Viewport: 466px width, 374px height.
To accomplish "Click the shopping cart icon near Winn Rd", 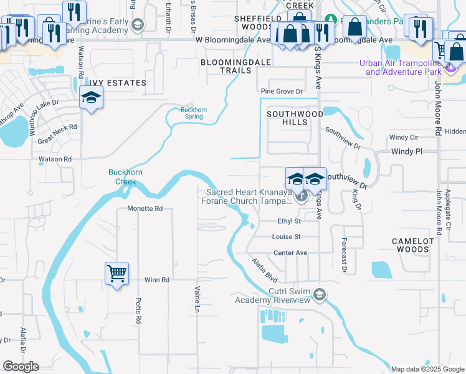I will click(117, 273).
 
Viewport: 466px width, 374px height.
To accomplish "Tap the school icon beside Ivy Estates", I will click(91, 97).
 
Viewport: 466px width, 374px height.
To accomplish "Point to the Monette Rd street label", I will click(145, 209).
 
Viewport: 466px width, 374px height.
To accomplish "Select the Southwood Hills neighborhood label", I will click(295, 118).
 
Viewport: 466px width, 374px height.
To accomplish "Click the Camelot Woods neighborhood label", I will click(410, 245).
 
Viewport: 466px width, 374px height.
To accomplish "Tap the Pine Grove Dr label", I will click(282, 92).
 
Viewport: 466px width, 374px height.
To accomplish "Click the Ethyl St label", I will click(289, 221).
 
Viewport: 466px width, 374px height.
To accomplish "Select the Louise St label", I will click(287, 237).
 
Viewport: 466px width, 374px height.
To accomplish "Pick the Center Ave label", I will click(290, 253).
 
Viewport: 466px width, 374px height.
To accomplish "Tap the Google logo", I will click(21, 367).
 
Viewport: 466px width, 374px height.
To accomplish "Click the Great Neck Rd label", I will click(57, 127).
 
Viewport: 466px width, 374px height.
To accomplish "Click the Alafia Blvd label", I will click(264, 269).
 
